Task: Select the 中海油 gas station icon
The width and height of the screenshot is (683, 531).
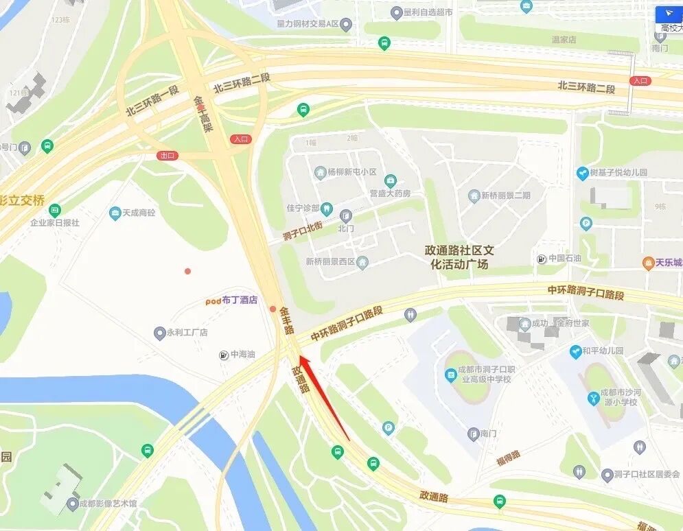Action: pos(224,355)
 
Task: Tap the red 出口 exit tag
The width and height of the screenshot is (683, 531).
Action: pos(167,156)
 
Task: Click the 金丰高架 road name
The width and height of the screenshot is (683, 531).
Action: pos(202,113)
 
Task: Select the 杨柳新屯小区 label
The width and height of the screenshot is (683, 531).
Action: pos(346,172)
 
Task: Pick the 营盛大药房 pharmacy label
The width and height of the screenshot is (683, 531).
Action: pos(389,193)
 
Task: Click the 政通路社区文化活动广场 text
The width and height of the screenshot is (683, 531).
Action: pos(459,257)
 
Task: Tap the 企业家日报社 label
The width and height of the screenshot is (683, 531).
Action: pos(54,222)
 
